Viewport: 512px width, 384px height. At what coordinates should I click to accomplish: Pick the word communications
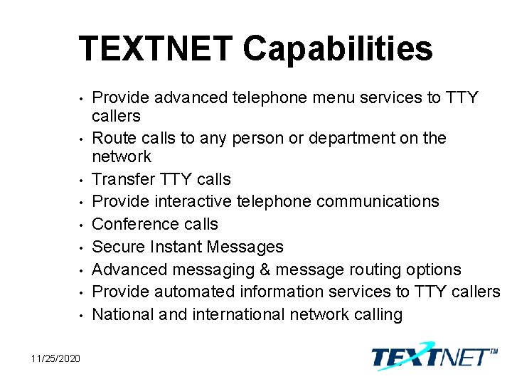coord(378,201)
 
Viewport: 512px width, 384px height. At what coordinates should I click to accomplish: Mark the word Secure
coord(118,247)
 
